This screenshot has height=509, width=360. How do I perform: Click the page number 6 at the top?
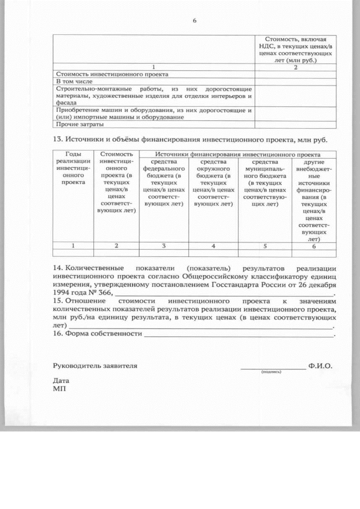pos(195,21)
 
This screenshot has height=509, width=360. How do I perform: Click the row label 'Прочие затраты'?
pos(74,124)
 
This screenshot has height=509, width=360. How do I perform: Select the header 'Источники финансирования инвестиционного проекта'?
pos(238,154)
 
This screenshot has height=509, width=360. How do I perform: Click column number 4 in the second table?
pos(213,246)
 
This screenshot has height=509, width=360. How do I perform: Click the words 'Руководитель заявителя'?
pos(95,366)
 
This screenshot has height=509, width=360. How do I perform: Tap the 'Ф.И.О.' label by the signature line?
pos(320,366)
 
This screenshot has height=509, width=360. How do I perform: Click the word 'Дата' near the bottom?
pos(61,380)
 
